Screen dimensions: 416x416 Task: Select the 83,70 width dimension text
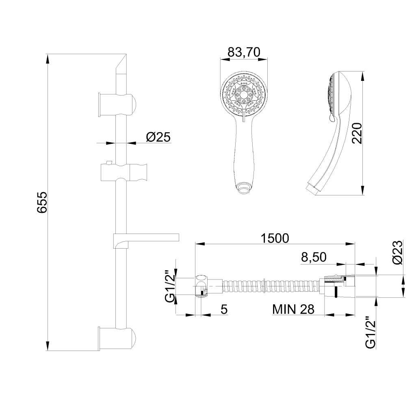coord(244,52)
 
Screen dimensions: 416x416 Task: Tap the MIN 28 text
coord(293,310)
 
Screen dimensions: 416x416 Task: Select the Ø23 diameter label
coord(397,253)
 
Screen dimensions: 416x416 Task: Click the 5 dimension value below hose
coord(224,310)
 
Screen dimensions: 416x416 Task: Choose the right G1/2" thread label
coord(370,332)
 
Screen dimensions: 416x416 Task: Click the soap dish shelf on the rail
coord(146,237)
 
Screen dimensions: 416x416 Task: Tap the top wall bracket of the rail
coord(118,105)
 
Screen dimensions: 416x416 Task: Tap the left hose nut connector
coord(201,286)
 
